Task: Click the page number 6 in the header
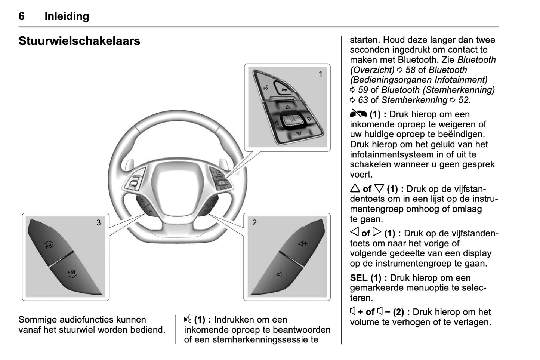pos(22,16)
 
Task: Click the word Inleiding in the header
pos(67,16)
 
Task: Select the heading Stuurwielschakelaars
pos(79,41)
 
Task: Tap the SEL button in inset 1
pos(293,120)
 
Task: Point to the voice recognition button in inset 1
pos(266,88)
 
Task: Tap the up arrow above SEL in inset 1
pos(287,107)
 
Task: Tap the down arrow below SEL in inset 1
pos(299,133)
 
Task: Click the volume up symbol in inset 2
pos(303,244)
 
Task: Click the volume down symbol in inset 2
pos(281,275)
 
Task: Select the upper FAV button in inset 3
pos(49,245)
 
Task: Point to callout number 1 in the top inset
pos(320,74)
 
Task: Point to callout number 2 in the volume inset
pos(254,223)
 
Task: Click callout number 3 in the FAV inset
pos(99,223)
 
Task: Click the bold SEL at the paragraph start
pos(359,278)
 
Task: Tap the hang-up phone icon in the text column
pos(358,114)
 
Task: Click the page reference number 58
pos(410,70)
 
